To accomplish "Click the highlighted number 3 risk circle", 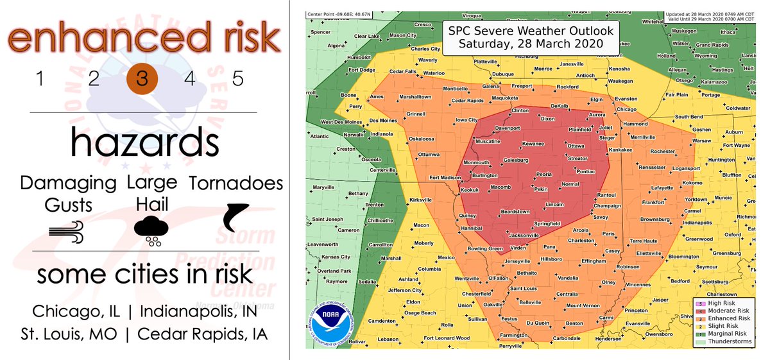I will pos(142,80).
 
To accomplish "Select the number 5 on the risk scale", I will pos(238,80).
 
